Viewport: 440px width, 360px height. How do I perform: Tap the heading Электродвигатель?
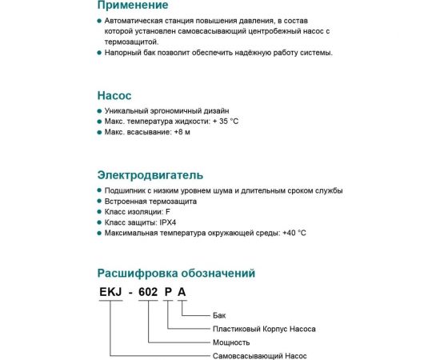(150, 174)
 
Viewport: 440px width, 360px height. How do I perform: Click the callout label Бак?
(222, 315)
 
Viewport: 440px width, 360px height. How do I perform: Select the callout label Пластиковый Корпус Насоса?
(264, 329)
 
